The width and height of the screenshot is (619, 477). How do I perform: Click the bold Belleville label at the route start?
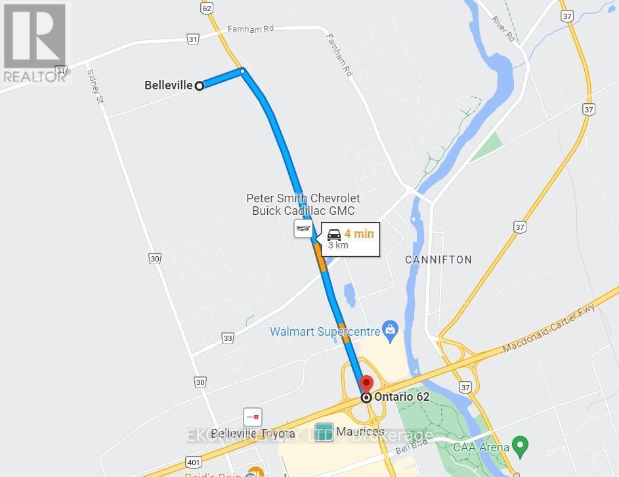(x=168, y=85)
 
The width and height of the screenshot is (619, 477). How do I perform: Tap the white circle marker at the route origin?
(x=199, y=85)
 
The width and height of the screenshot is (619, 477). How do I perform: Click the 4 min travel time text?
(x=358, y=233)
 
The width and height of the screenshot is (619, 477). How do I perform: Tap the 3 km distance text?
(x=338, y=246)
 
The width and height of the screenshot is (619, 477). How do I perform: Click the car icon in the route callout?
(x=334, y=234)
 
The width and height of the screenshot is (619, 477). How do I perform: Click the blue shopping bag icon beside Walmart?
(x=391, y=327)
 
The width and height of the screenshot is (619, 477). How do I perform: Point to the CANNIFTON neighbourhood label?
(x=438, y=260)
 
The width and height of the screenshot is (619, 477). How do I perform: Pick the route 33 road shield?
(x=228, y=338)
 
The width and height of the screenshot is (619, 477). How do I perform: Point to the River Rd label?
(x=503, y=27)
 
